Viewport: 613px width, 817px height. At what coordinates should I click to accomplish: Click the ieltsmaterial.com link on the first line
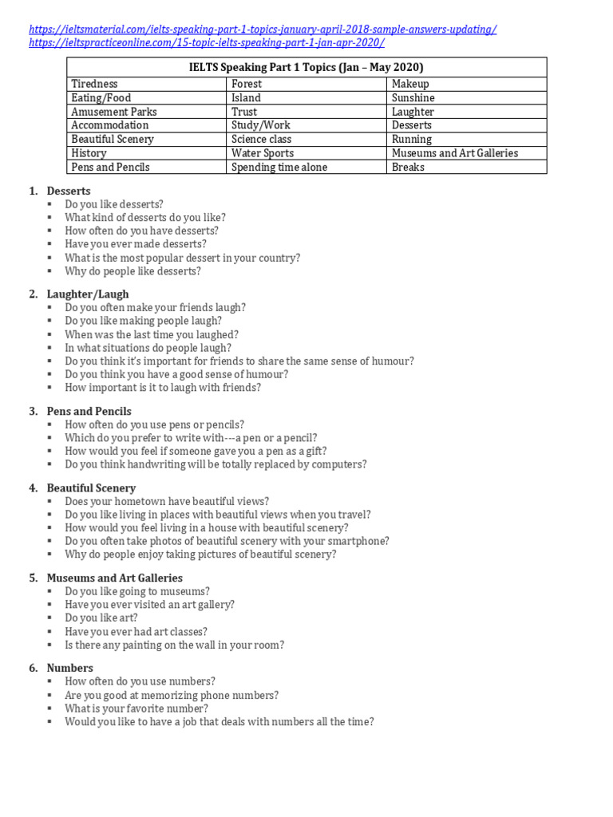263,29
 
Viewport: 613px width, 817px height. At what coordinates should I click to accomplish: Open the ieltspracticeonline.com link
207,42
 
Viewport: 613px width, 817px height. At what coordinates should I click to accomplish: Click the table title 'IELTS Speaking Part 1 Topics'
306,67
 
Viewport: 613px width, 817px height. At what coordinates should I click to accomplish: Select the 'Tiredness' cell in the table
94,84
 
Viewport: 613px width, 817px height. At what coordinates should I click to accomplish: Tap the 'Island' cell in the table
246,98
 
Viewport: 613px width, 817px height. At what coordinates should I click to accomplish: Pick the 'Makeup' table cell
410,84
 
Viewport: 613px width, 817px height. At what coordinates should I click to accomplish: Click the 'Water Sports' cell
263,153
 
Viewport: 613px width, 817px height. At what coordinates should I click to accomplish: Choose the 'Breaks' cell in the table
408,167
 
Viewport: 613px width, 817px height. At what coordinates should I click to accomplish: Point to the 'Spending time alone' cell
279,167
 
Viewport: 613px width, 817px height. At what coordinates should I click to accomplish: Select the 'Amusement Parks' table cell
114,112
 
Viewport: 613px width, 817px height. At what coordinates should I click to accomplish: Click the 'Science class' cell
261,139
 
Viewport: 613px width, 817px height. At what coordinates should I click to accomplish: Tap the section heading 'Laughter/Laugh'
88,294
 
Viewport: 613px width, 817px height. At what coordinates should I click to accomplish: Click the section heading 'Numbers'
70,668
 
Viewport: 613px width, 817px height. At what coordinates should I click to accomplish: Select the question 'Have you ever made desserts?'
136,244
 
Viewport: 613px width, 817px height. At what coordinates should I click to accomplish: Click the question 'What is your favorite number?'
136,708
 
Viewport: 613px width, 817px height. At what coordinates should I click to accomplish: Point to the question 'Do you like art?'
101,618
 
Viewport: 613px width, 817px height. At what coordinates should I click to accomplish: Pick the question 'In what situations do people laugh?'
148,348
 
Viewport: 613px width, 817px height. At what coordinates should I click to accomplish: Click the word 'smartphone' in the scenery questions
359,541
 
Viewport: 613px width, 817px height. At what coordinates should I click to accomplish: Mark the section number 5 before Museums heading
33,578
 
